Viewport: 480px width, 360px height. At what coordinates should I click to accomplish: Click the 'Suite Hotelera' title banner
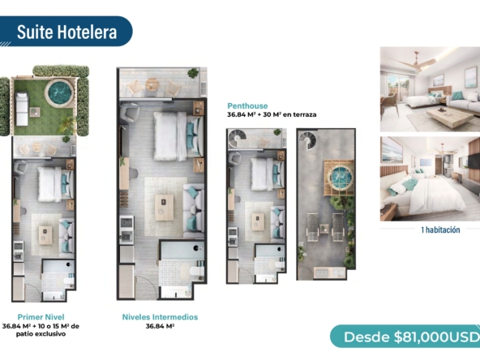tap(66, 32)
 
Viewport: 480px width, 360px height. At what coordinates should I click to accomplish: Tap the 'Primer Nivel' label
tap(41, 317)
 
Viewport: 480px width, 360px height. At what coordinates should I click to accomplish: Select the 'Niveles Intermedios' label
tap(160, 317)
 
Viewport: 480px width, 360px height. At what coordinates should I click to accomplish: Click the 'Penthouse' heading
tap(247, 106)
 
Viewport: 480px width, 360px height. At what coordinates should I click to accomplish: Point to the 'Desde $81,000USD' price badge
tap(405, 336)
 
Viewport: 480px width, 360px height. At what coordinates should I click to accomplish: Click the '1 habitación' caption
tap(440, 230)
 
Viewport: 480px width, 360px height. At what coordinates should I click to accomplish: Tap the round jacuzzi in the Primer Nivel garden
tap(59, 93)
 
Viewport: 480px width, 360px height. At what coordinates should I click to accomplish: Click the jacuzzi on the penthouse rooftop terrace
tap(341, 177)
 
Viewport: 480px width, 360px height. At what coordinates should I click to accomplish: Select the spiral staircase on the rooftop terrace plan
tap(307, 139)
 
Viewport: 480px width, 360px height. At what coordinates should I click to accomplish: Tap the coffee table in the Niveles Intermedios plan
tap(164, 208)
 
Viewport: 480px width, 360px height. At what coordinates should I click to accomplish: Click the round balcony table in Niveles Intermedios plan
tap(152, 84)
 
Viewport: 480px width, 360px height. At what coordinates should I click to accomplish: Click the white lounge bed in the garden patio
tap(22, 109)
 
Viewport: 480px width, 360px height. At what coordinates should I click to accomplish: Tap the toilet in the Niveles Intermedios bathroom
tap(196, 271)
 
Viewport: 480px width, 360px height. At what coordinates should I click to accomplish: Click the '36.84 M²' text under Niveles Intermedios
tap(160, 326)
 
